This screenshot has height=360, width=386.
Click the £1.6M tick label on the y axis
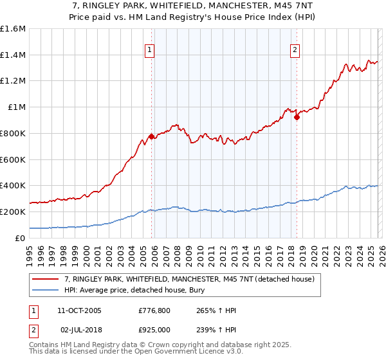pos(12,29)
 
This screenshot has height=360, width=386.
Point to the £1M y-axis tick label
pos(16,107)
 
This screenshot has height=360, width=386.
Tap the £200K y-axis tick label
pos(12,212)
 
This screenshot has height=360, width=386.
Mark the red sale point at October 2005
pos(151,136)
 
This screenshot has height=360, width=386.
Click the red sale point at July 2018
pos(297,117)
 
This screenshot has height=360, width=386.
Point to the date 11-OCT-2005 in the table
pos(79,310)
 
